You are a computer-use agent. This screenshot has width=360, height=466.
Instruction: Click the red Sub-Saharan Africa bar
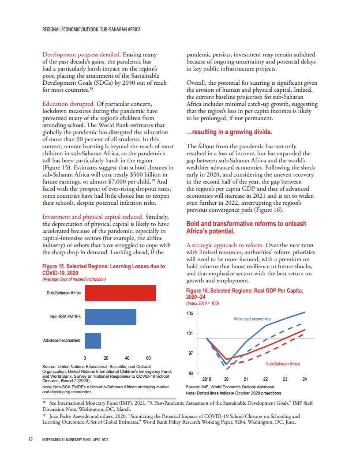point(120,293)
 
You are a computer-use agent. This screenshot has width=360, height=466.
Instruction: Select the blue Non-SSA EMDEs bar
point(110,316)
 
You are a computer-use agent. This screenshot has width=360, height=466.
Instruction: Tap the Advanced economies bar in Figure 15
point(93,340)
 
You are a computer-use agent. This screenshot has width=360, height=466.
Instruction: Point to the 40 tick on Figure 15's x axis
point(127,358)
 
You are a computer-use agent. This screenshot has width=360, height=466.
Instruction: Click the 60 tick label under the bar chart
point(148,358)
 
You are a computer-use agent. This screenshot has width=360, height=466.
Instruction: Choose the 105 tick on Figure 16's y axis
point(190,314)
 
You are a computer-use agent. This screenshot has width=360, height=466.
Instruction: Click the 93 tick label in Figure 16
point(190,373)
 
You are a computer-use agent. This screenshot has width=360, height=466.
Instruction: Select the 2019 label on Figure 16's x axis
point(207,379)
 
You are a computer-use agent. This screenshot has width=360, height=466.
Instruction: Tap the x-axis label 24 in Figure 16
point(305,379)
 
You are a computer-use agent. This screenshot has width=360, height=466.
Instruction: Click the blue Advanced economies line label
point(252,319)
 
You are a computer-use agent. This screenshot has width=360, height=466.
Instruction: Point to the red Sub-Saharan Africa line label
point(282,364)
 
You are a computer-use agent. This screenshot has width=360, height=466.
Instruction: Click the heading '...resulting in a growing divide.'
point(229,132)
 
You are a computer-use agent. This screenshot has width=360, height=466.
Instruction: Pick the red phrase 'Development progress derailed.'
point(82,55)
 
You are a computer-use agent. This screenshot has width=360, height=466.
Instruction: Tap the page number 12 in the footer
point(31,440)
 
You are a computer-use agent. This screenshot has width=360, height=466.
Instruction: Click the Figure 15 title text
point(103,270)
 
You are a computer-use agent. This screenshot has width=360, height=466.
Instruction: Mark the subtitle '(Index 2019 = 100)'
point(202,304)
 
